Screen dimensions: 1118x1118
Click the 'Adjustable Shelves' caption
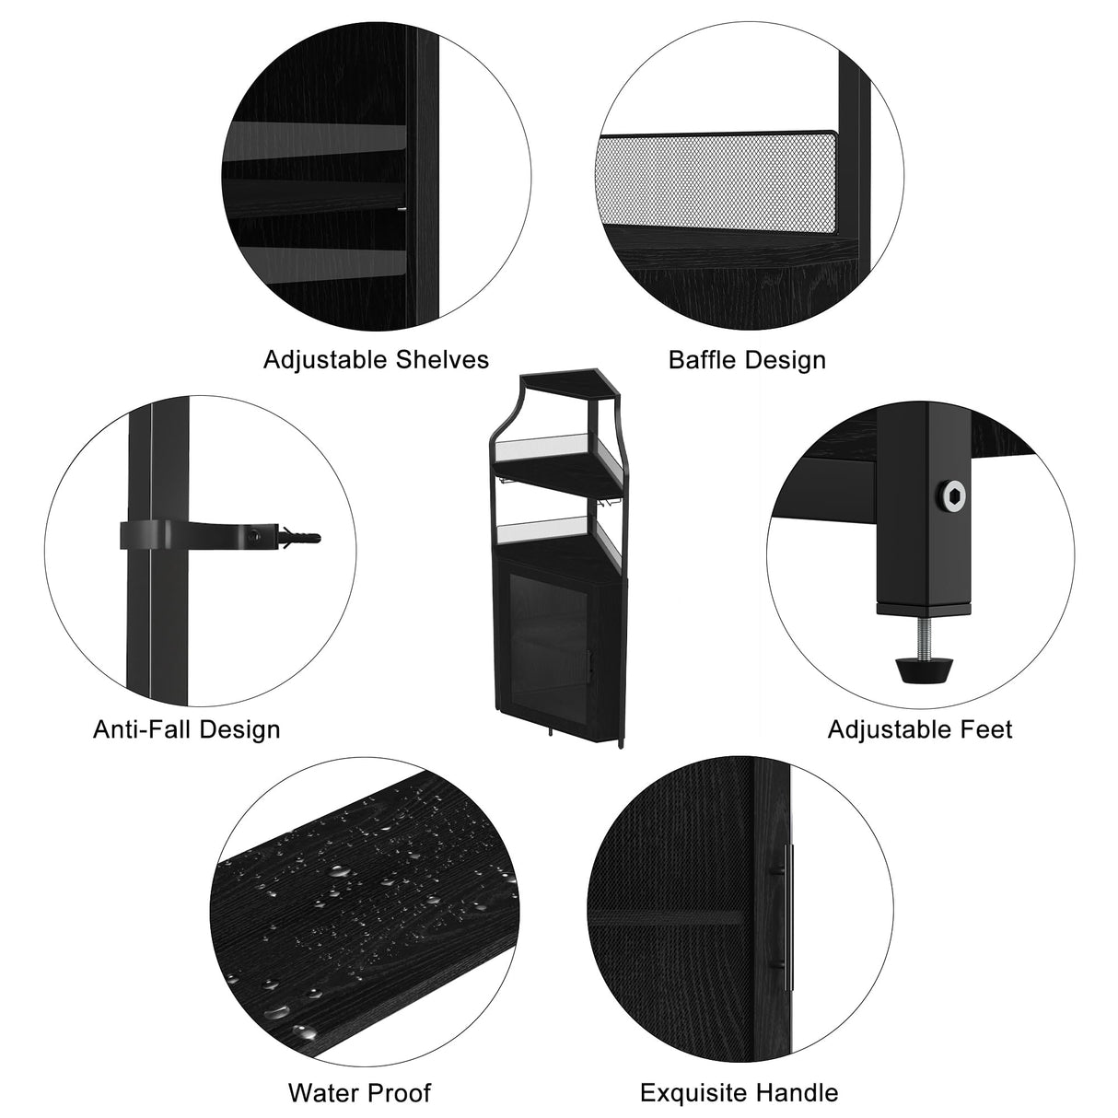pos(376,359)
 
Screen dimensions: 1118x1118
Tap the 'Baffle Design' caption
pos(747,359)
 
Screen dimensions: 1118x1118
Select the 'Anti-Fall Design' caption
pos(187,729)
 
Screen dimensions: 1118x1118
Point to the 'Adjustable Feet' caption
pos(920,729)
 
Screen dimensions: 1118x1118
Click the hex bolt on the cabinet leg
pos(951,496)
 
